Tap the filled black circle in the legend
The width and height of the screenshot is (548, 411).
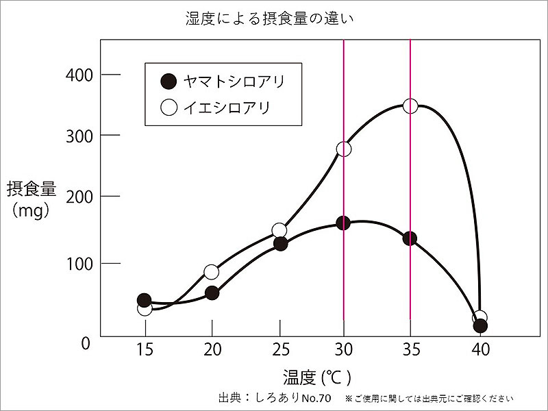[x=168, y=82]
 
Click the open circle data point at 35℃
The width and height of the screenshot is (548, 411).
[x=410, y=105]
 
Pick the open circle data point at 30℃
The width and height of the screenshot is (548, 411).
[x=344, y=149]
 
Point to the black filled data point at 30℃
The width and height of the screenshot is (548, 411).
[x=343, y=223]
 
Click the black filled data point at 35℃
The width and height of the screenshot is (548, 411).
[x=410, y=238]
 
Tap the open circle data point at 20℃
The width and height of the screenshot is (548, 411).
[x=212, y=272]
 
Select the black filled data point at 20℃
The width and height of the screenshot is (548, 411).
[x=212, y=292]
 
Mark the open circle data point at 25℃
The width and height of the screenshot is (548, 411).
[x=279, y=230]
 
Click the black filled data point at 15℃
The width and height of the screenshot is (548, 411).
[x=144, y=300]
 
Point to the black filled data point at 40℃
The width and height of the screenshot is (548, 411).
[x=480, y=325]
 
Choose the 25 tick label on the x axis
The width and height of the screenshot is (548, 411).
[x=279, y=350]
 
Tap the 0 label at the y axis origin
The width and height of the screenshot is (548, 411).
[x=86, y=342]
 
